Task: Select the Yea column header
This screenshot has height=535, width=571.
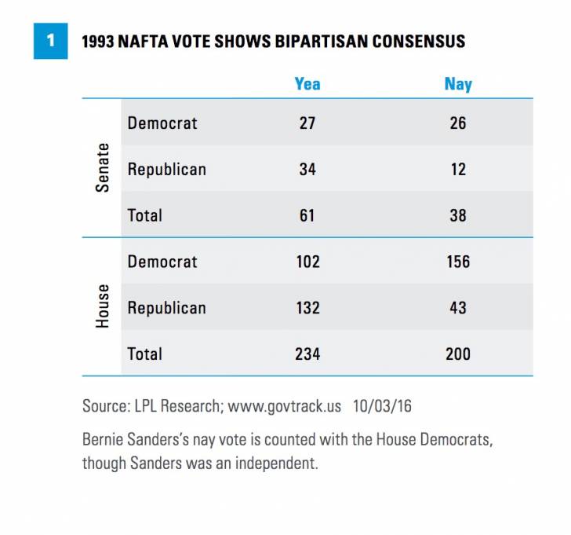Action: click(x=307, y=82)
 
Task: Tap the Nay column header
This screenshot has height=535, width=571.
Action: click(x=458, y=82)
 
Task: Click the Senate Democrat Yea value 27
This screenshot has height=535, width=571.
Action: click(x=307, y=123)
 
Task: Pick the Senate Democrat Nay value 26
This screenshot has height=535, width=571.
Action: click(x=458, y=123)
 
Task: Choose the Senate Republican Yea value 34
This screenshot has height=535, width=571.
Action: click(x=307, y=169)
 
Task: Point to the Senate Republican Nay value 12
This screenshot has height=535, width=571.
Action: click(x=458, y=169)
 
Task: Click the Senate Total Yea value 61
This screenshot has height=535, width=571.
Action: click(x=307, y=214)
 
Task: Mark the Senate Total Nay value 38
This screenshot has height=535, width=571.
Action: click(x=458, y=214)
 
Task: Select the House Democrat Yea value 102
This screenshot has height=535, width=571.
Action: click(x=307, y=261)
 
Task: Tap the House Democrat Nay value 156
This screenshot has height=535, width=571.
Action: click(x=458, y=261)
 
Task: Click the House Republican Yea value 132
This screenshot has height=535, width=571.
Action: click(x=307, y=307)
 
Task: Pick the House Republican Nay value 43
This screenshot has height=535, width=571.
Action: click(x=458, y=307)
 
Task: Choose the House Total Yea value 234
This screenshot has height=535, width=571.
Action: click(x=307, y=354)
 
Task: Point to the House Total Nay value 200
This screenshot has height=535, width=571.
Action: click(x=458, y=354)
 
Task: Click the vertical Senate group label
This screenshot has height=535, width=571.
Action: click(x=103, y=169)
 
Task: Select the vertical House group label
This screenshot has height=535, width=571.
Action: click(x=103, y=307)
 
